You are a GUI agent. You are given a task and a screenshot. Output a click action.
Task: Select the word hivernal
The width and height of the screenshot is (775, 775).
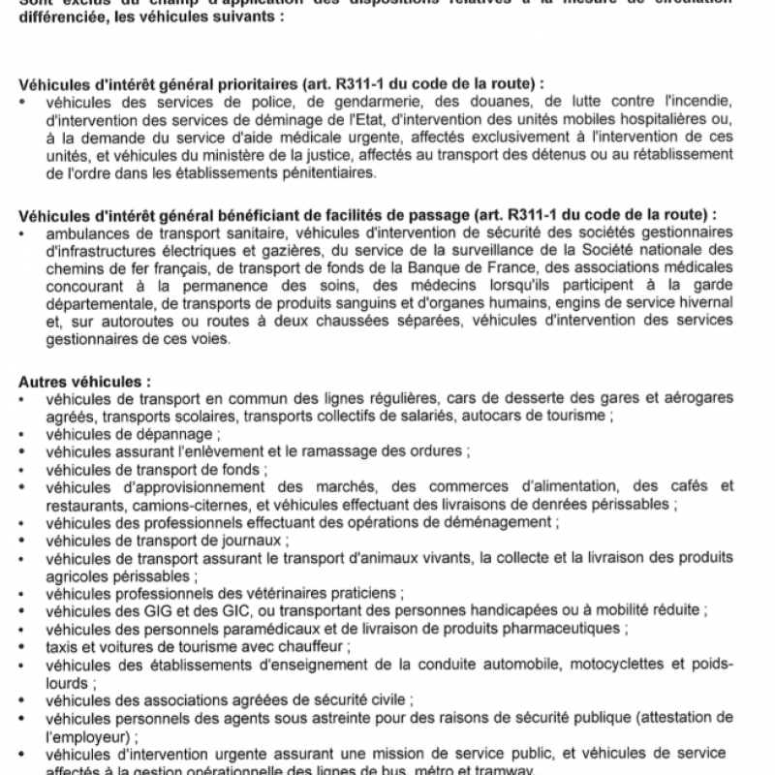[x=705, y=303]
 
